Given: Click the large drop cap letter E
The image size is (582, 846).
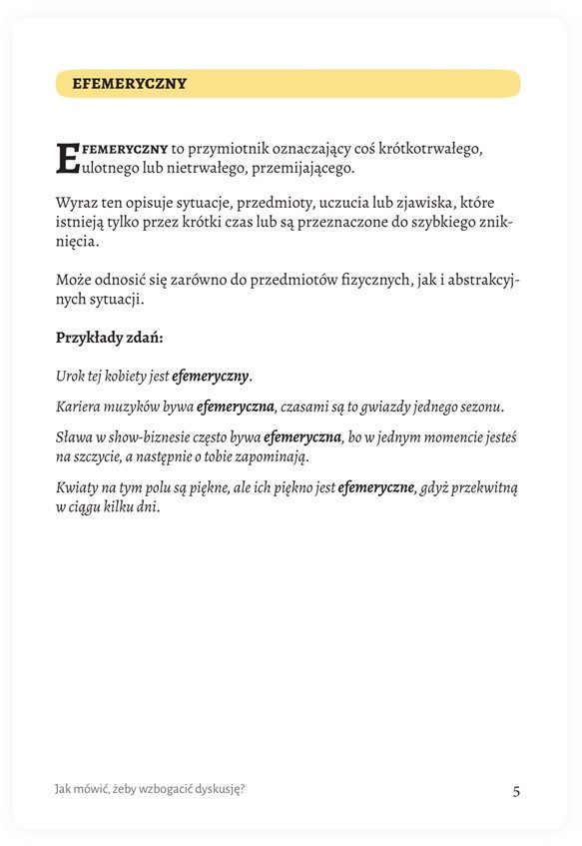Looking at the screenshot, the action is tap(67, 158).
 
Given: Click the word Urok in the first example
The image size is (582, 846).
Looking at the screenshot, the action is tap(71, 377).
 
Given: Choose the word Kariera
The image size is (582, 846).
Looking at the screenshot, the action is tap(79, 407).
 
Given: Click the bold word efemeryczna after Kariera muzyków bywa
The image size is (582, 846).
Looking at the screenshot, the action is tap(236, 407).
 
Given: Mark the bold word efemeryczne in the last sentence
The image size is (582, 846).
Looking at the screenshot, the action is tap(376, 487).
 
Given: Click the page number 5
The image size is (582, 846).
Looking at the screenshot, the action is tap(516, 791).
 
